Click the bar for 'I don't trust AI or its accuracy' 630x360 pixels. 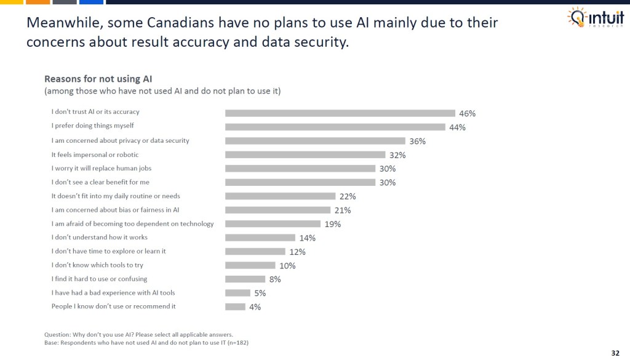340,113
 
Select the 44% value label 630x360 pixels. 457,127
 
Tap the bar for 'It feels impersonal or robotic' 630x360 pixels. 305,155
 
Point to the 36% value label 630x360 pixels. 417,142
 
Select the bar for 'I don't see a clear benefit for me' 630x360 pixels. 300,183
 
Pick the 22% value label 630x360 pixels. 347,197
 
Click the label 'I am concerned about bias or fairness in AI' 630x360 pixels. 114,210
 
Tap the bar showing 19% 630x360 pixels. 273,224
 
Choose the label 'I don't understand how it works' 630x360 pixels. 99,238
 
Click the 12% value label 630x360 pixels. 297,252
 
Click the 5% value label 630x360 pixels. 260,294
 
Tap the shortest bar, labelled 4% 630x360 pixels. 235,307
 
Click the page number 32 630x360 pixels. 615,353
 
